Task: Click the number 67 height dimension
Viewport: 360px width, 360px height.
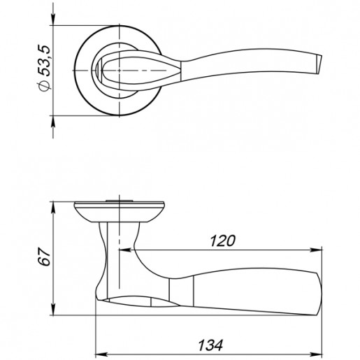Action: (x=44, y=257)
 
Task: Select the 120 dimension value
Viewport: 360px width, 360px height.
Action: (x=222, y=240)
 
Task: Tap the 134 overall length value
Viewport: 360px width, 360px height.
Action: (x=210, y=345)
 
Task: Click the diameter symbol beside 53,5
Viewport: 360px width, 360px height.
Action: (x=44, y=86)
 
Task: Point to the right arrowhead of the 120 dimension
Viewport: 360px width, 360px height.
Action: (x=316, y=250)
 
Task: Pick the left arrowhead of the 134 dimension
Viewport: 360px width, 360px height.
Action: (x=102, y=354)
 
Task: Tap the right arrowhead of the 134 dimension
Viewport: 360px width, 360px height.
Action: (x=316, y=354)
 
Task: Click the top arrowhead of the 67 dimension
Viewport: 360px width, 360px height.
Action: (x=53, y=208)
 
